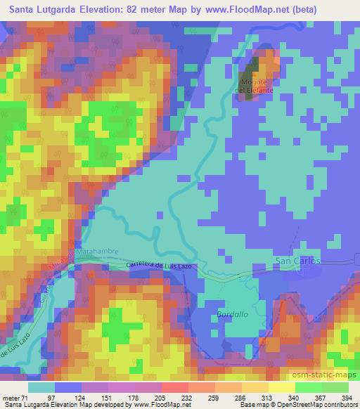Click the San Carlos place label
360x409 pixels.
[297, 261]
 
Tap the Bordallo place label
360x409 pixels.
[233, 314]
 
